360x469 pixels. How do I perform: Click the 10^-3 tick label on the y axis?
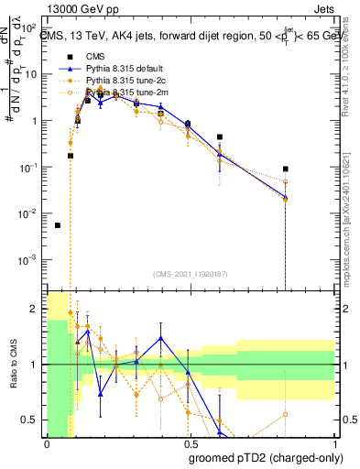coord(31,260)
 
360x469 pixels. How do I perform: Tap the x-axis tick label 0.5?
coord(188,442)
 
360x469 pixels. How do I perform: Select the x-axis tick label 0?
coord(47,442)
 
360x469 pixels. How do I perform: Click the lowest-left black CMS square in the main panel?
coord(58,225)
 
